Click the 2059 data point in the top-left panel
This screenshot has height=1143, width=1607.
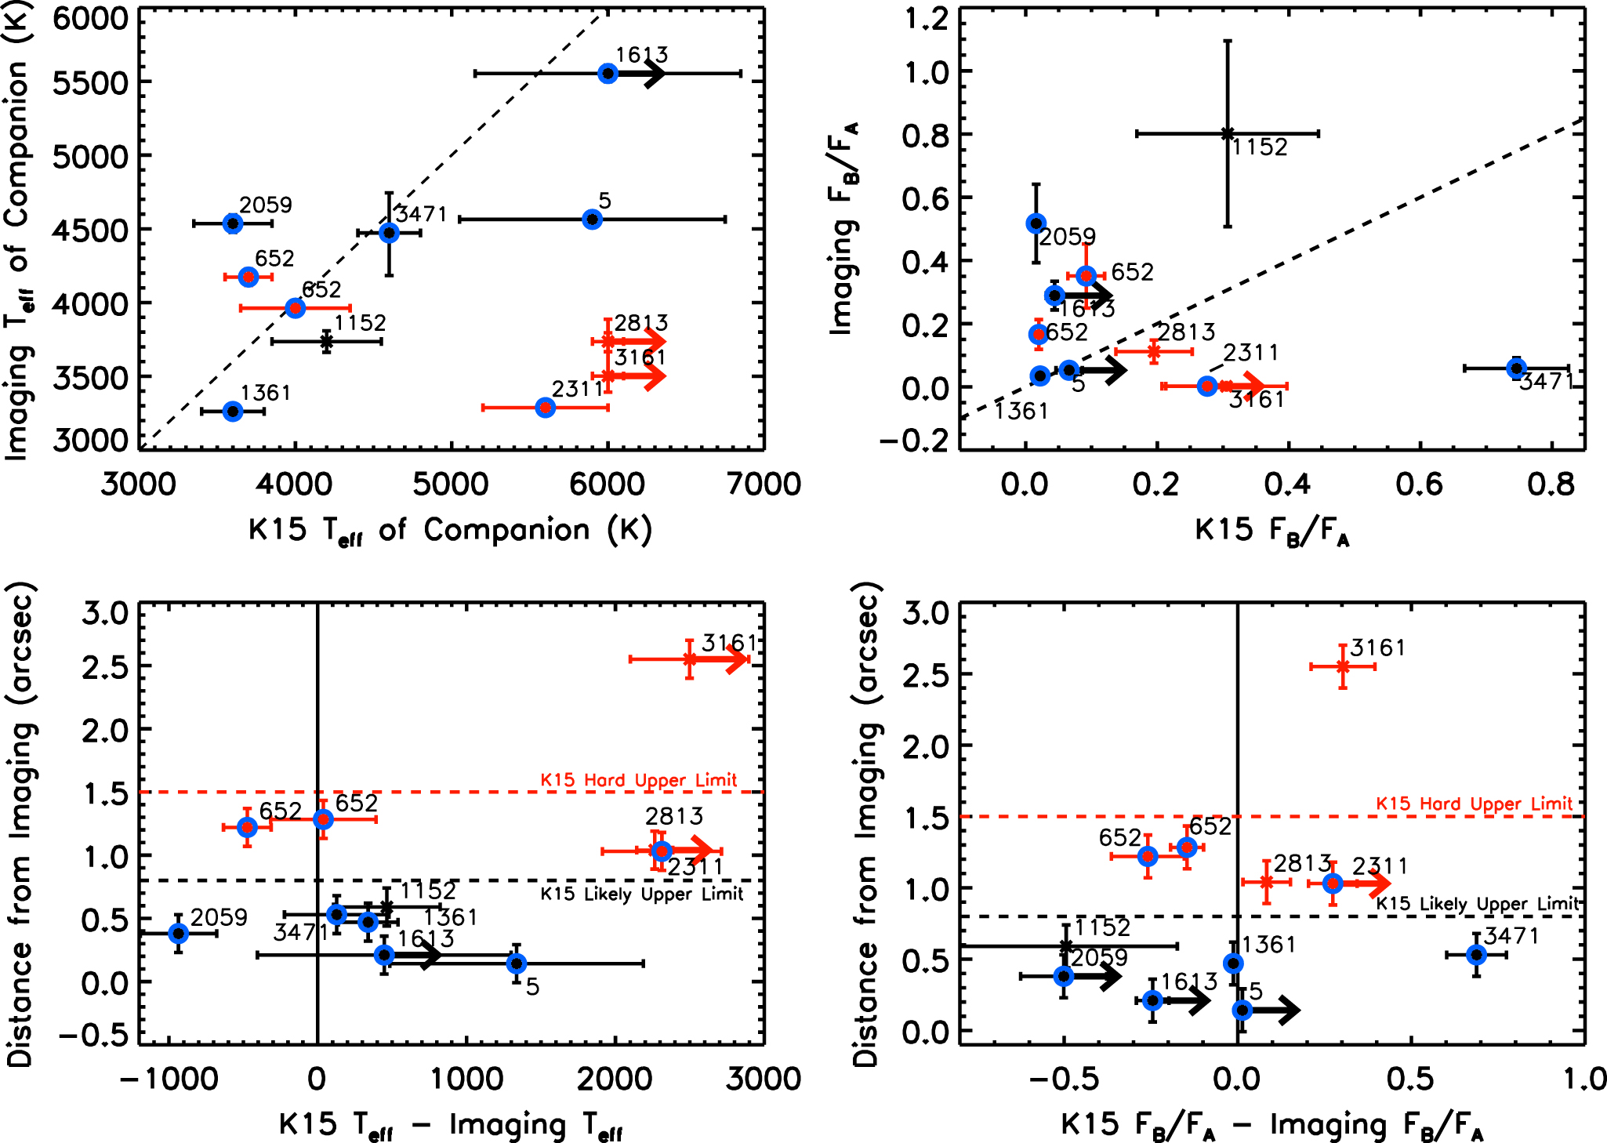[232, 223]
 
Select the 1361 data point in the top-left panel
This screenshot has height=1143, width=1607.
[233, 412]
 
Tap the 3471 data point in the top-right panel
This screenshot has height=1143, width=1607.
[1516, 368]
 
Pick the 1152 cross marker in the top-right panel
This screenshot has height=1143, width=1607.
[1228, 134]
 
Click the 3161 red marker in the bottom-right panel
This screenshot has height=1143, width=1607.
[1343, 666]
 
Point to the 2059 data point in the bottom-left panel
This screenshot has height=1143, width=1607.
[179, 933]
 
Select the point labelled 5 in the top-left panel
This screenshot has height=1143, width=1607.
[593, 220]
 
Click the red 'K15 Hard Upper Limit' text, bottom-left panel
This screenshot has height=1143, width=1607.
[639, 780]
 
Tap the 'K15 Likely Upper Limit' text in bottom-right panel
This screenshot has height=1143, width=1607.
[1478, 904]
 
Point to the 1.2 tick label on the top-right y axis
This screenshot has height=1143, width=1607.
[927, 18]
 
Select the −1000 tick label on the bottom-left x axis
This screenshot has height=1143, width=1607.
[169, 1079]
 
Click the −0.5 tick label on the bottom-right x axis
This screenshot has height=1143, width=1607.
[1064, 1079]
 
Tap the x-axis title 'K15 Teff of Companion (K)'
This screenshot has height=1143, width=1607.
[449, 531]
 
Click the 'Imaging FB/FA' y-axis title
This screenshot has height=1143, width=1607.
[843, 227]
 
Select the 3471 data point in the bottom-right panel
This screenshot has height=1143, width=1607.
[1477, 955]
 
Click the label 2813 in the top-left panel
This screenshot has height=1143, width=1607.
[641, 323]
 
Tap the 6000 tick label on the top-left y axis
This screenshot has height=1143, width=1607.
[90, 18]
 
